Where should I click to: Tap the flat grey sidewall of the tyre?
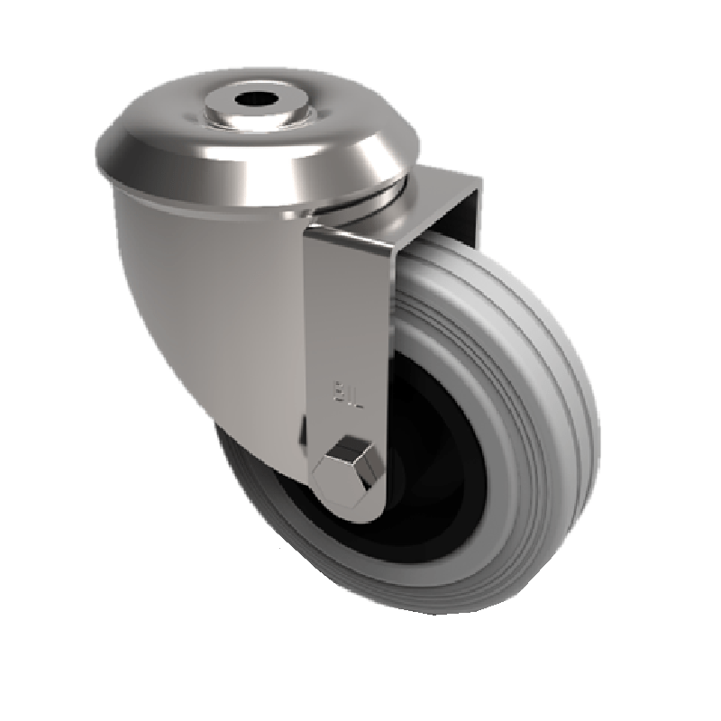point(505,505)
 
